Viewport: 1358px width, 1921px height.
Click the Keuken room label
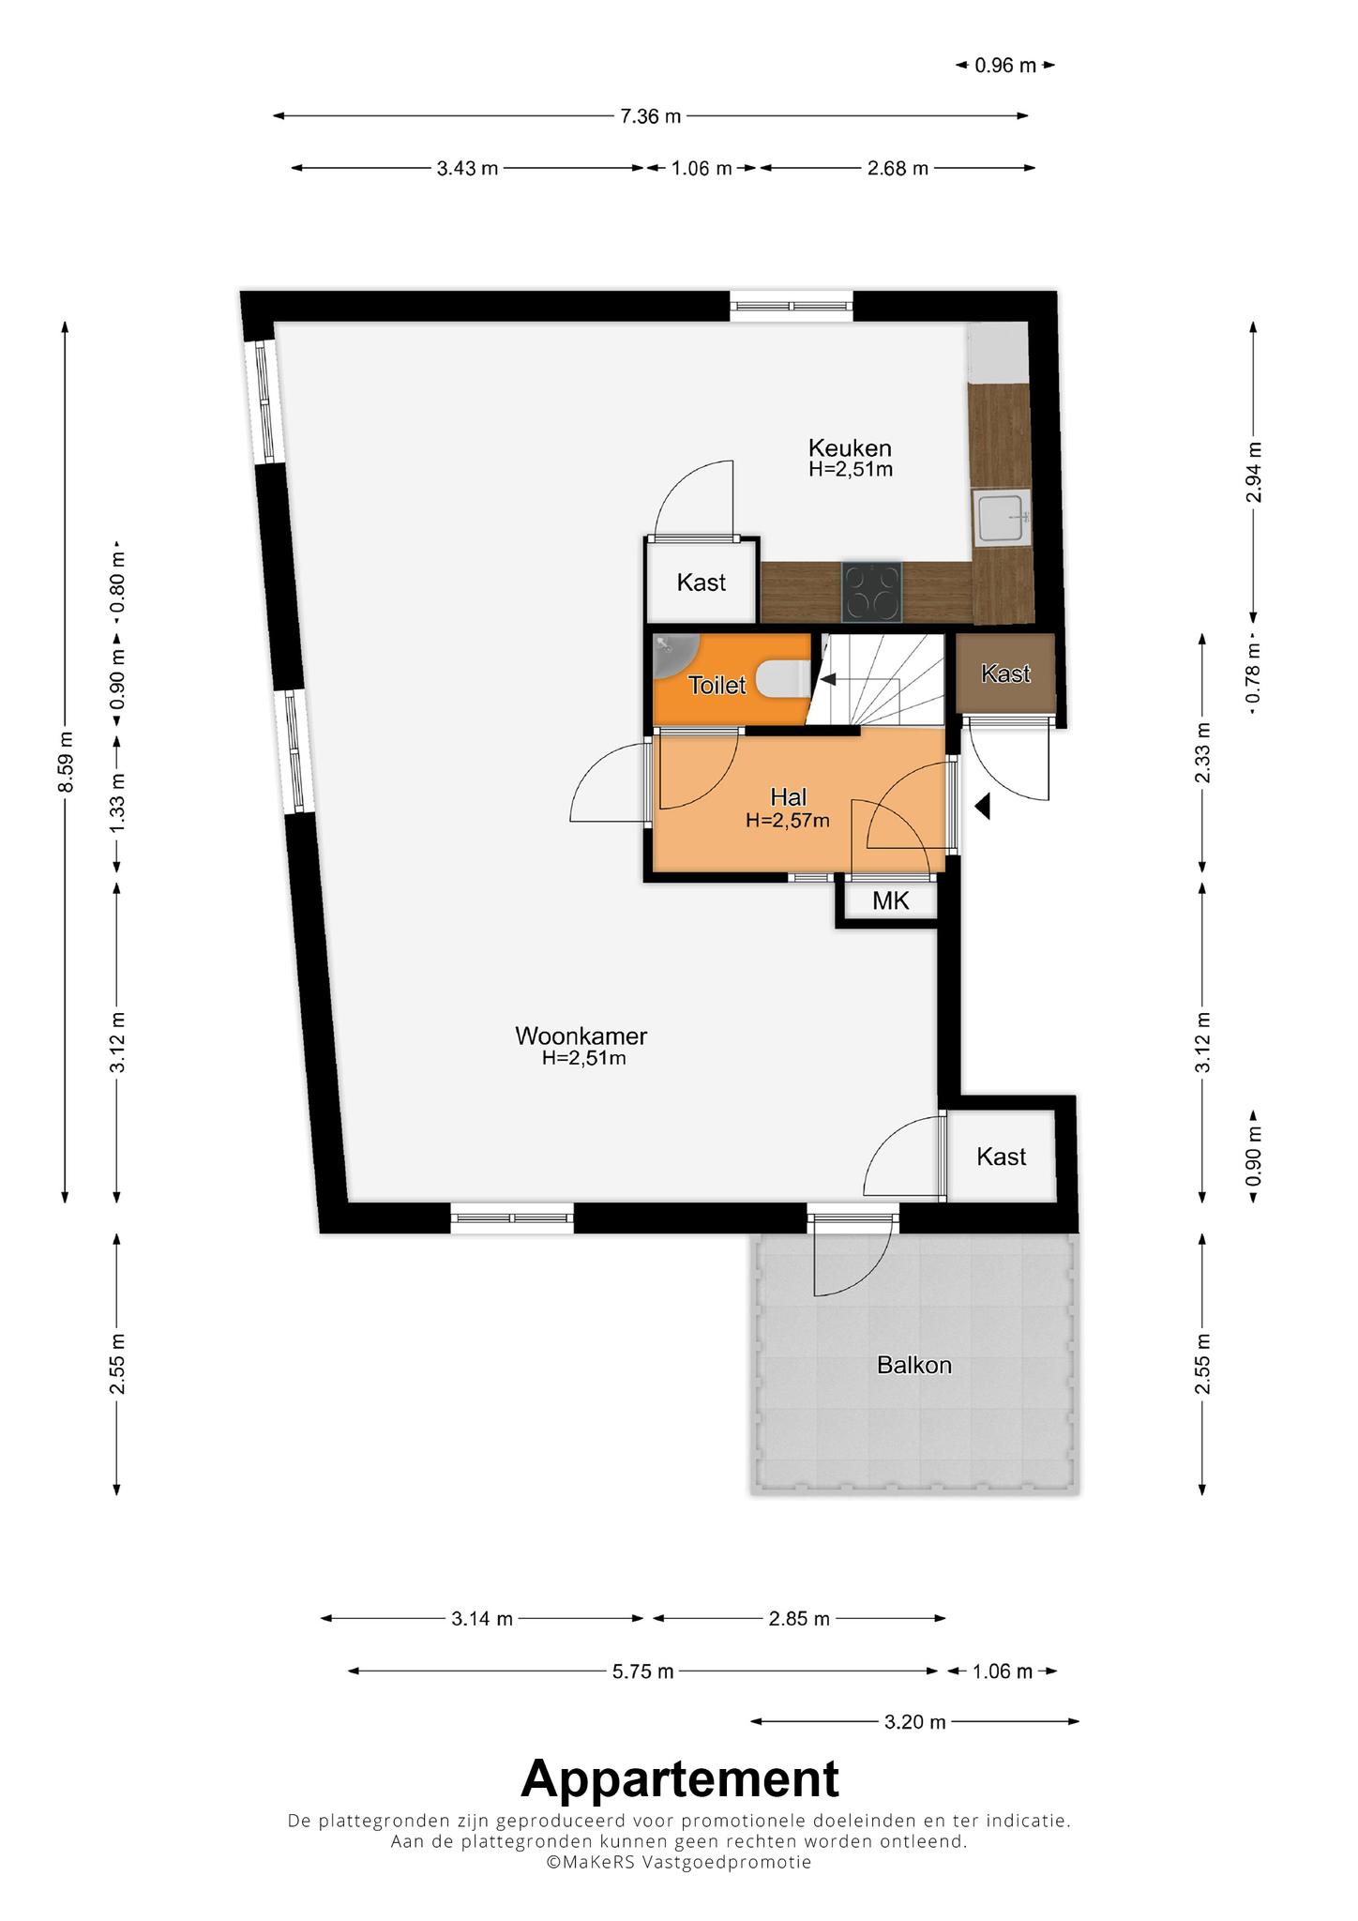pos(850,448)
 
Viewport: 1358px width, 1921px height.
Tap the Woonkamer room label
pos(581,1036)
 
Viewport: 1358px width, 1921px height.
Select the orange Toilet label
pos(717,686)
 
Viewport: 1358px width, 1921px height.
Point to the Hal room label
pos(789,797)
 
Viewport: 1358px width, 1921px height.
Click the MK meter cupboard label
pos(890,901)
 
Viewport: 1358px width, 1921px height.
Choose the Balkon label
pos(914,1365)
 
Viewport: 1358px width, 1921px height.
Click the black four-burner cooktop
pos(872,592)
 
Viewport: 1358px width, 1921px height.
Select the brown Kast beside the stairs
pos(1006,673)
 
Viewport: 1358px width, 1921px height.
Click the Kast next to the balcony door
pos(1002,1157)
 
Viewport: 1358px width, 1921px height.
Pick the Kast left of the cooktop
pos(702,582)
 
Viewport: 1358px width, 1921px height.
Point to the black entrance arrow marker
pos(982,807)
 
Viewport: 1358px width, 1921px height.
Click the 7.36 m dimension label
pos(650,116)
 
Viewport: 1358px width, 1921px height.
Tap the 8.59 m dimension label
pos(66,761)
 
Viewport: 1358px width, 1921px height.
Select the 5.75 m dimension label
pos(643,1671)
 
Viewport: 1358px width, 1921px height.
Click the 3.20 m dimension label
pos(915,1722)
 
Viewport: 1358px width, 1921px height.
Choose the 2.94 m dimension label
pos(1254,472)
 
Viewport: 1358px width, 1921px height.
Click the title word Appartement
pos(680,1779)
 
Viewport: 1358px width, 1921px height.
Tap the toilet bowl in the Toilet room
pos(780,679)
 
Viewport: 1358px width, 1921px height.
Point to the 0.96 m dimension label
pos(1005,66)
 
